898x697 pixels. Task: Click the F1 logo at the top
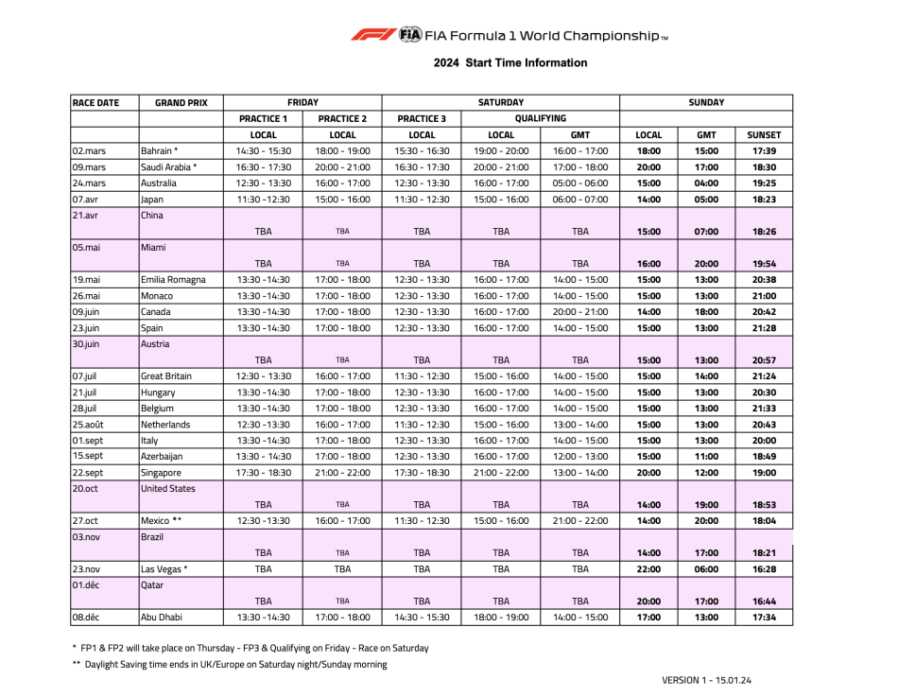click(373, 35)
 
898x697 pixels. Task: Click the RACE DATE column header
click(95, 103)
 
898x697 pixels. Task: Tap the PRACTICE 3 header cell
click(422, 119)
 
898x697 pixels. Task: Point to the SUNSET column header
click(764, 135)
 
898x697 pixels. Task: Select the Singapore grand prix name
click(161, 473)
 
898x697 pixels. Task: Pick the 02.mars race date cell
click(89, 151)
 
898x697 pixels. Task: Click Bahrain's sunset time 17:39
click(764, 151)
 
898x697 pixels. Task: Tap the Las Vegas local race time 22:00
click(648, 569)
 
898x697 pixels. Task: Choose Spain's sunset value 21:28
click(764, 328)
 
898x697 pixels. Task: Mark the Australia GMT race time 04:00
click(706, 183)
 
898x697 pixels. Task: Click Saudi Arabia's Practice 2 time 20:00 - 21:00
click(342, 167)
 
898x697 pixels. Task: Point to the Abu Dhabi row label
click(162, 618)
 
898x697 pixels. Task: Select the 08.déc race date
click(88, 618)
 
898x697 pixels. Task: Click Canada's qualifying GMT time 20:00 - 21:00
click(580, 312)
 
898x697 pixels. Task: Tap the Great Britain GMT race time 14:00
click(706, 376)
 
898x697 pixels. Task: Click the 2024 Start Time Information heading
click(510, 63)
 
